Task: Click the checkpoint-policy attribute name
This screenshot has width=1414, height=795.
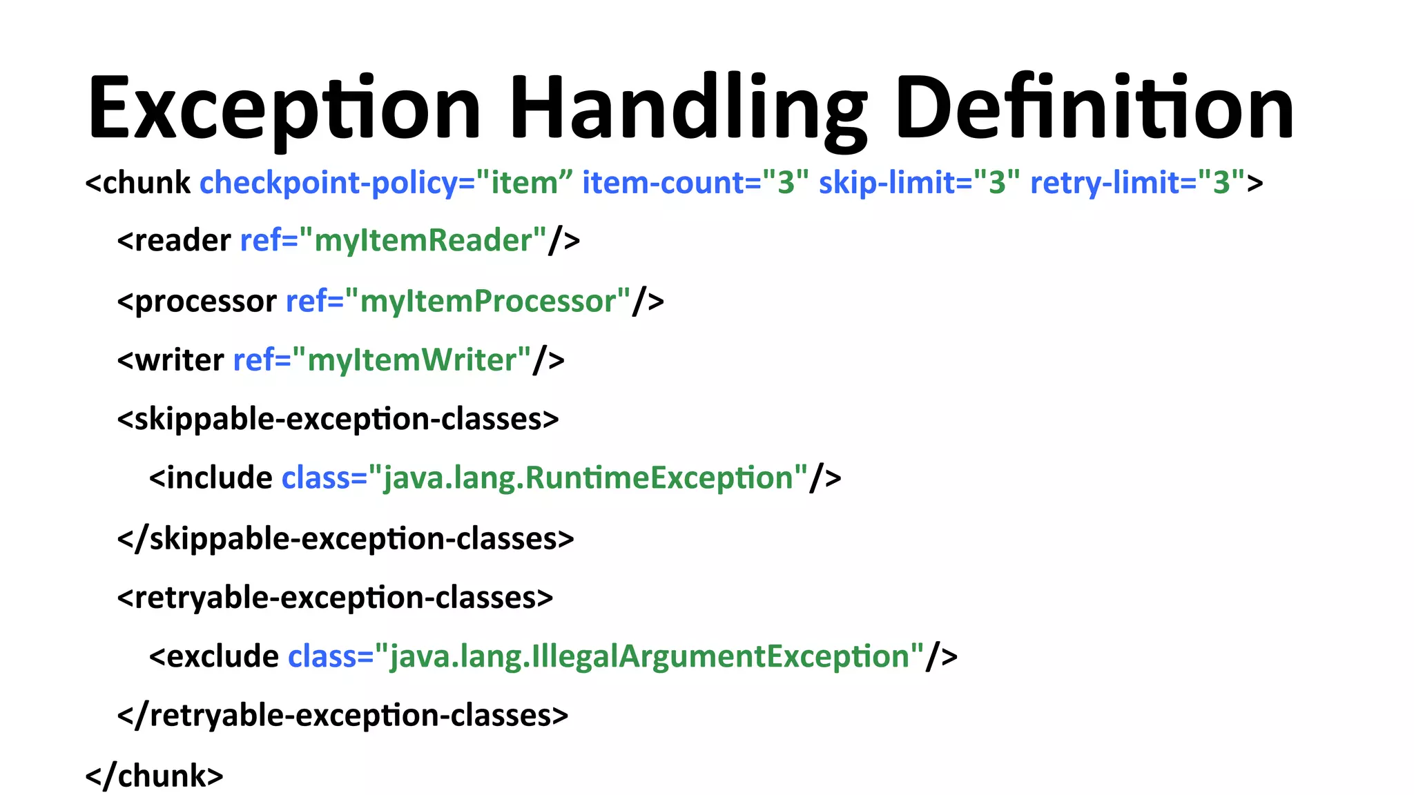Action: pos(328,184)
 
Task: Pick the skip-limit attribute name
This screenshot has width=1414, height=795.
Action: pos(895,184)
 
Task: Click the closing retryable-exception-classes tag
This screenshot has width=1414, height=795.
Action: pos(343,716)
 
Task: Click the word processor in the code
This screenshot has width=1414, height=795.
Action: pos(205,302)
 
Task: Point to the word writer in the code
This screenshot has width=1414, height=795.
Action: pos(180,360)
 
